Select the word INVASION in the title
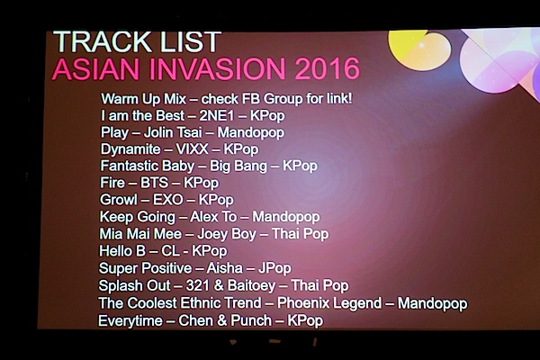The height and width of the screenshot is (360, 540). (217, 68)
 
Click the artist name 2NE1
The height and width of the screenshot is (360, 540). (217, 116)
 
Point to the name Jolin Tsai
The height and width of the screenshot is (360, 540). (173, 132)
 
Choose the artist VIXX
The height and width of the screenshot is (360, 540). (193, 149)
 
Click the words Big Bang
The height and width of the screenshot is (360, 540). (238, 166)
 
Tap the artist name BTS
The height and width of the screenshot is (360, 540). (154, 183)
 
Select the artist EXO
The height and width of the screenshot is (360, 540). (167, 200)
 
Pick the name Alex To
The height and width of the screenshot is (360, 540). (213, 217)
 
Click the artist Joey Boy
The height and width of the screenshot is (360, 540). (227, 234)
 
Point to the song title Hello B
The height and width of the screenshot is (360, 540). (122, 251)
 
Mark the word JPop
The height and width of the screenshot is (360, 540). (274, 268)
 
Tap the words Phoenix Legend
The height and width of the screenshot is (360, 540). (329, 303)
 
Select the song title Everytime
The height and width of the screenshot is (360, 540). (130, 321)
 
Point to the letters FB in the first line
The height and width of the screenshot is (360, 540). (250, 99)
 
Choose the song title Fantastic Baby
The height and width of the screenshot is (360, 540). (148, 166)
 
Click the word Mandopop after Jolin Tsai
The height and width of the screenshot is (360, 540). (251, 132)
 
